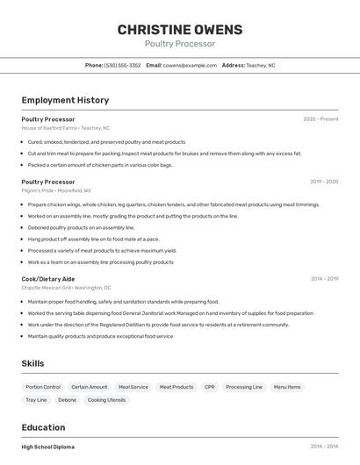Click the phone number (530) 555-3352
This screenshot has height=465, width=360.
pyautogui.click(x=122, y=65)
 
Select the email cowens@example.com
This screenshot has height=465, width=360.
pyautogui.click(x=190, y=65)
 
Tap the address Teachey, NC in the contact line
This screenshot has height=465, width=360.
pyautogui.click(x=260, y=65)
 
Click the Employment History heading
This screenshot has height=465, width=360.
pyautogui.click(x=65, y=100)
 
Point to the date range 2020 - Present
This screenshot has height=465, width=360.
pyautogui.click(x=320, y=119)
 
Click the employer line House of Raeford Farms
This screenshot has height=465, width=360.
pyautogui.click(x=66, y=128)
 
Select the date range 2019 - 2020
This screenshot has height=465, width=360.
pyautogui.click(x=324, y=182)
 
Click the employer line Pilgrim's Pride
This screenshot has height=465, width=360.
pyautogui.click(x=56, y=190)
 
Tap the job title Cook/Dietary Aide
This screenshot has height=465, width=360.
pyautogui.click(x=48, y=279)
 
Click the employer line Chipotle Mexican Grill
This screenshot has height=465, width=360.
pyautogui.click(x=66, y=288)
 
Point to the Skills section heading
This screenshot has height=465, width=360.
pyautogui.click(x=32, y=363)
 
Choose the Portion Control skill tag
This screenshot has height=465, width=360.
pyautogui.click(x=43, y=387)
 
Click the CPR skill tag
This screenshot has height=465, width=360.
pyautogui.click(x=209, y=387)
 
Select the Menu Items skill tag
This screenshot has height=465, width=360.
pyautogui.click(x=287, y=387)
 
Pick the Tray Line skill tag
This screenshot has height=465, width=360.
pyautogui.click(x=36, y=400)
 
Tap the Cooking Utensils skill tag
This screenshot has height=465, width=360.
pyautogui.click(x=106, y=400)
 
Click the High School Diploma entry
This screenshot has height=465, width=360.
pyautogui.click(x=48, y=447)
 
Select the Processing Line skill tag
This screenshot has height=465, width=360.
pyautogui.click(x=244, y=387)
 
